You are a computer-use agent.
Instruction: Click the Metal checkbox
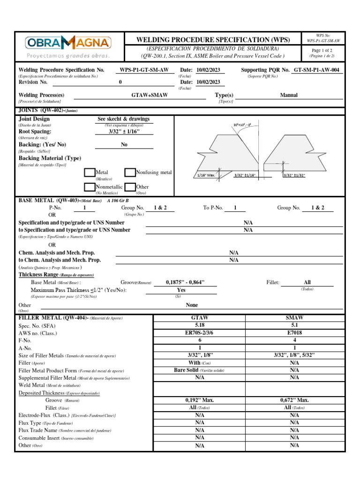point(90,173)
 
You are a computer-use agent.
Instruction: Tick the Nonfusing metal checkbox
point(130,173)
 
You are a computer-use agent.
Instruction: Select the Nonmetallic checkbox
point(90,187)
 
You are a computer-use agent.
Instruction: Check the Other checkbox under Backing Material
point(130,187)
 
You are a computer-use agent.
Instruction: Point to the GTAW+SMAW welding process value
point(150,95)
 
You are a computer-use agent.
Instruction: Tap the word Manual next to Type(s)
point(289,95)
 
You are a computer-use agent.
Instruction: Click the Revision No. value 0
point(120,82)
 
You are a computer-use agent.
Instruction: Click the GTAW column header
point(200,318)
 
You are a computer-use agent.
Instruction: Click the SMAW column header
point(294,318)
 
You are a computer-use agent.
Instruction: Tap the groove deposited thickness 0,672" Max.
point(294,400)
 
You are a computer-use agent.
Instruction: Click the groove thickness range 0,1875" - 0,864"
point(185,283)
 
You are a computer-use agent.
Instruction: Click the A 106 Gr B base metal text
point(118,200)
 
